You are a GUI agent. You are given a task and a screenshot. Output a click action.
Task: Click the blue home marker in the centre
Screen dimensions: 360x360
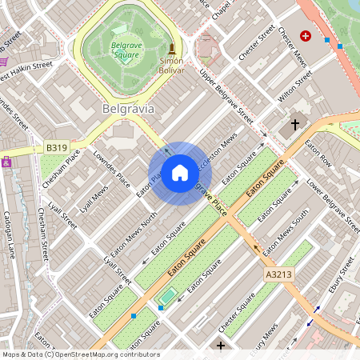180,173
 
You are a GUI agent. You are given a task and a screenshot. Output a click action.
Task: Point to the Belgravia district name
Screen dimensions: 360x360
128,107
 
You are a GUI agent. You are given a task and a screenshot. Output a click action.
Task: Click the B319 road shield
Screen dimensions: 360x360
56,148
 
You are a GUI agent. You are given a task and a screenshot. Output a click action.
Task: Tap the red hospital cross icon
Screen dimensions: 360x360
304,36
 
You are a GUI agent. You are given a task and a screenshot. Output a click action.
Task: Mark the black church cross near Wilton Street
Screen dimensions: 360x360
296,125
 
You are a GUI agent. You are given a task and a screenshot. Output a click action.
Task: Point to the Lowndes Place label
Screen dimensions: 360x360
111,168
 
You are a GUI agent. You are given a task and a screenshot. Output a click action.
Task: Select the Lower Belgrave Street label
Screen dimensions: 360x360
323,201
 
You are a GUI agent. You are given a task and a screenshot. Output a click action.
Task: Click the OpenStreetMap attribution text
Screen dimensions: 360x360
80,354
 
